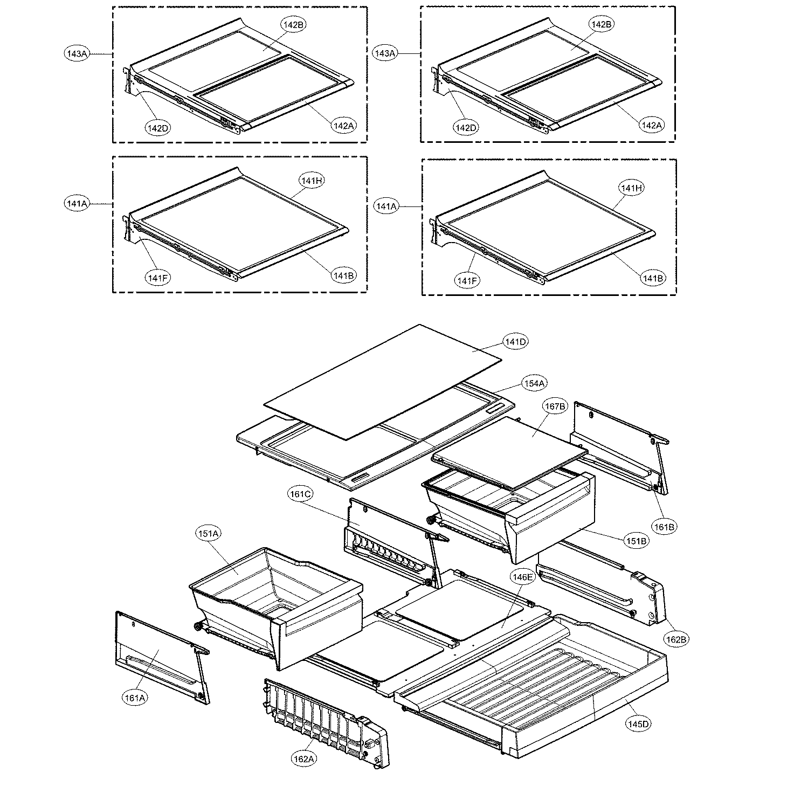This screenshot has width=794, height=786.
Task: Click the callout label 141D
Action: (515, 342)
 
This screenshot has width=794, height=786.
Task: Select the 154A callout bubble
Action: (534, 383)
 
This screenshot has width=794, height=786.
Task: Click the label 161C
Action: (301, 494)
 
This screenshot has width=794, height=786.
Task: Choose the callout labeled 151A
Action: (208, 534)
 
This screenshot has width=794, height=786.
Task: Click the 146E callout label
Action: (522, 577)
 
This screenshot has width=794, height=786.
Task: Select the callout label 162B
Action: (676, 639)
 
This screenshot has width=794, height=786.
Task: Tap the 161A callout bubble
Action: (135, 698)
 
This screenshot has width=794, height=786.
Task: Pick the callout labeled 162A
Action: (303, 759)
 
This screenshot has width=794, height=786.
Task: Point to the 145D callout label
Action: (638, 723)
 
